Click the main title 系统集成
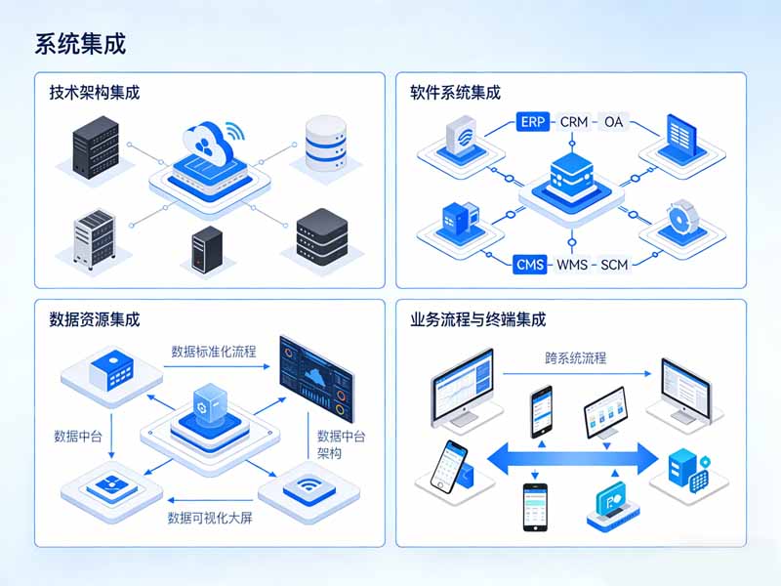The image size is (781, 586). [x=80, y=44]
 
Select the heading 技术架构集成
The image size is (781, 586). [x=95, y=93]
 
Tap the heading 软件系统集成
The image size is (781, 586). [x=455, y=93]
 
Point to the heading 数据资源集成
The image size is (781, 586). [x=95, y=319]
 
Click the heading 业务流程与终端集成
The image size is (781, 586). [x=477, y=319]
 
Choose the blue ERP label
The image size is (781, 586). [x=533, y=122]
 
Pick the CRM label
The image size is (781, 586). [x=574, y=122]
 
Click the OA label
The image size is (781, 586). [x=613, y=122]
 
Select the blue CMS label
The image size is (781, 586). [x=530, y=265]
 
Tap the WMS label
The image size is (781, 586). [x=573, y=265]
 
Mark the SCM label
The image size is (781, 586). [x=615, y=265]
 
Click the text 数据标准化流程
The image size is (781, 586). [x=214, y=351]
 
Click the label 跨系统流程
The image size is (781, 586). [x=575, y=358]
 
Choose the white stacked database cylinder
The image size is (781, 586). [x=325, y=144]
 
